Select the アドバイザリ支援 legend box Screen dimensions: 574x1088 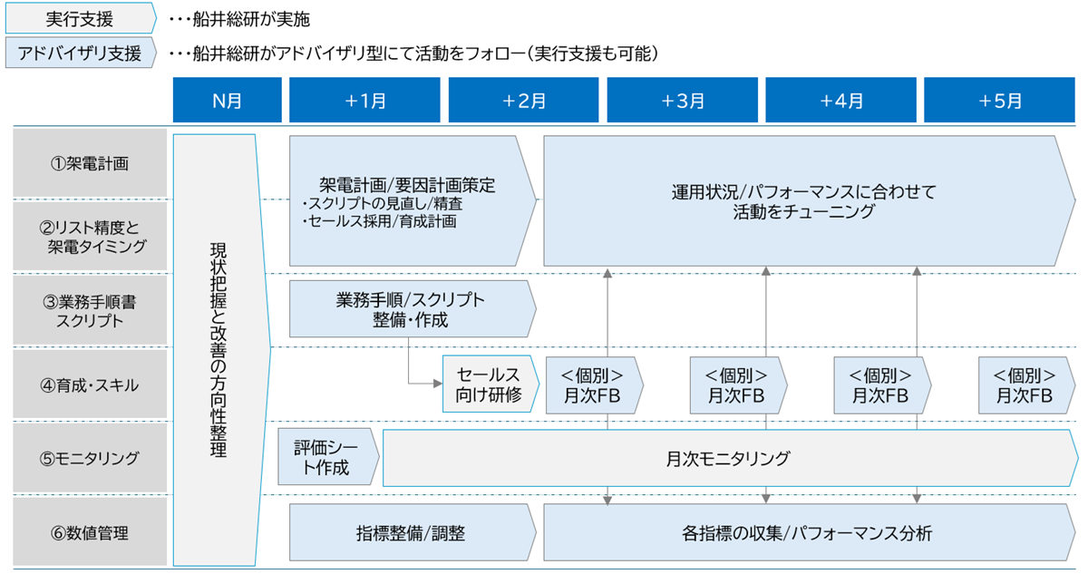(x=81, y=54)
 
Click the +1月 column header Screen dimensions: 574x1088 (x=365, y=100)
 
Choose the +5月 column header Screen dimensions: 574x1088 (x=1000, y=100)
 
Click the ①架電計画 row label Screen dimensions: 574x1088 (x=90, y=164)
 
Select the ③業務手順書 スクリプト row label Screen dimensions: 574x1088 (x=90, y=309)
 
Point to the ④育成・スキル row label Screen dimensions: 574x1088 (x=90, y=384)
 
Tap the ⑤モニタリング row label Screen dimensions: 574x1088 (x=90, y=459)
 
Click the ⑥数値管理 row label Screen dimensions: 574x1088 (x=90, y=533)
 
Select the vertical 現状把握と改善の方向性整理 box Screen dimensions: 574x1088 (x=219, y=348)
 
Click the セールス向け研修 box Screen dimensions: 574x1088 (x=487, y=384)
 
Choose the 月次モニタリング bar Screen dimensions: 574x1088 (x=725, y=459)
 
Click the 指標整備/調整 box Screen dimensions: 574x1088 (x=410, y=533)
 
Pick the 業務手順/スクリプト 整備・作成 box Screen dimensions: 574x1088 (x=410, y=309)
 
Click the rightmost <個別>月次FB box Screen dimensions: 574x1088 (x=1024, y=384)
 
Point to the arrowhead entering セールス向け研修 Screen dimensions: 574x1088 (x=437, y=384)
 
